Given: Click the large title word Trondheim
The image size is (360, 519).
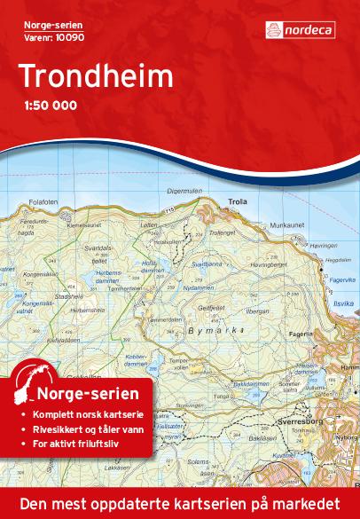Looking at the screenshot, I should (x=94, y=78).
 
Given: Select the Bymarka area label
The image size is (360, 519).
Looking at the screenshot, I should (x=211, y=328).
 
